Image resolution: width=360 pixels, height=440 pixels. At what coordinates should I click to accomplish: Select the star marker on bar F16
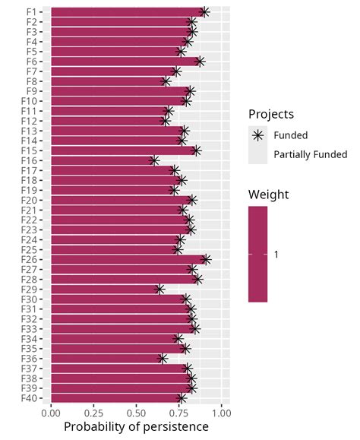click(x=153, y=160)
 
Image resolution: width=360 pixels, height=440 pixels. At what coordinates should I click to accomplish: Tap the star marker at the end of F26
click(x=205, y=259)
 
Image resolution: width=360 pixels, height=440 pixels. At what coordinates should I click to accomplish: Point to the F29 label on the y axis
click(x=33, y=289)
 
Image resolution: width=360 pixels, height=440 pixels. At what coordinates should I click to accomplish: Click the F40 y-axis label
click(x=33, y=397)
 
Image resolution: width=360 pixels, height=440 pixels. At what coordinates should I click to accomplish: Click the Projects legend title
click(x=272, y=114)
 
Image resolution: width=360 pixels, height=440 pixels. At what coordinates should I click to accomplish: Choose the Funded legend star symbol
click(x=258, y=135)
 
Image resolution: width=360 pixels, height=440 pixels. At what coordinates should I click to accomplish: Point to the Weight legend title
click(x=268, y=195)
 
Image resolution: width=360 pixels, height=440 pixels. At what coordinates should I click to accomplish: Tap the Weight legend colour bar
click(x=257, y=255)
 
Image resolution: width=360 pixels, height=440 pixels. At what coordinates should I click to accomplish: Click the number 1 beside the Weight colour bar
click(x=276, y=255)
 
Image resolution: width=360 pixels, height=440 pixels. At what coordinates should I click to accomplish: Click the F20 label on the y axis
click(x=33, y=200)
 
